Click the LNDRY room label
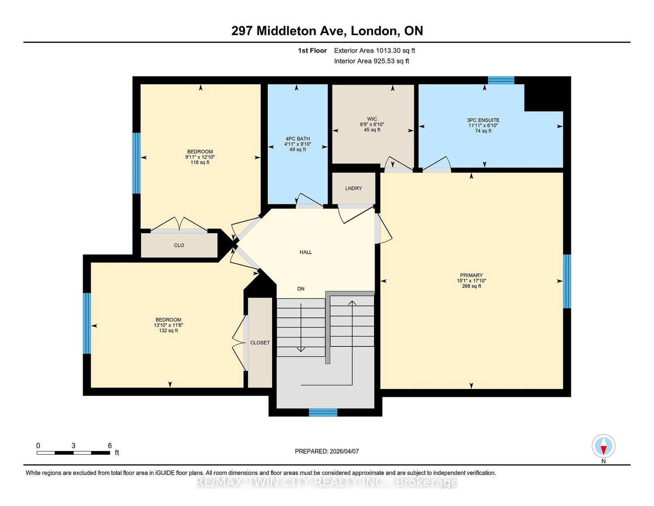pyautogui.click(x=353, y=188)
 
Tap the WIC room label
pyautogui.click(x=372, y=119)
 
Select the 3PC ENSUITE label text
pyautogui.click(x=483, y=120)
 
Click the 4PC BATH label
pyautogui.click(x=298, y=139)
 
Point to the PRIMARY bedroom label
pyautogui.click(x=471, y=275)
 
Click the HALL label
pyautogui.click(x=306, y=252)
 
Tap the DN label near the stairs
pyautogui.click(x=301, y=289)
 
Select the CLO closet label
pyautogui.click(x=179, y=245)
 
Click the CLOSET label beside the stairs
pyautogui.click(x=260, y=343)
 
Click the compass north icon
pyautogui.click(x=603, y=446)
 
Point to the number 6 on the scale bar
pyautogui.click(x=110, y=445)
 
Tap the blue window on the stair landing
pyautogui.click(x=323, y=412)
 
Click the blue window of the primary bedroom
pyautogui.click(x=567, y=281)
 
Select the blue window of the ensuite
pyautogui.click(x=501, y=80)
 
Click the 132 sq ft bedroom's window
pyautogui.click(x=87, y=323)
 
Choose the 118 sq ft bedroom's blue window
pyautogui.click(x=137, y=163)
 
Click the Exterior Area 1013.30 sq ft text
pyautogui.click(x=374, y=51)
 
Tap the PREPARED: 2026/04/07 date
pyautogui.click(x=327, y=451)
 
